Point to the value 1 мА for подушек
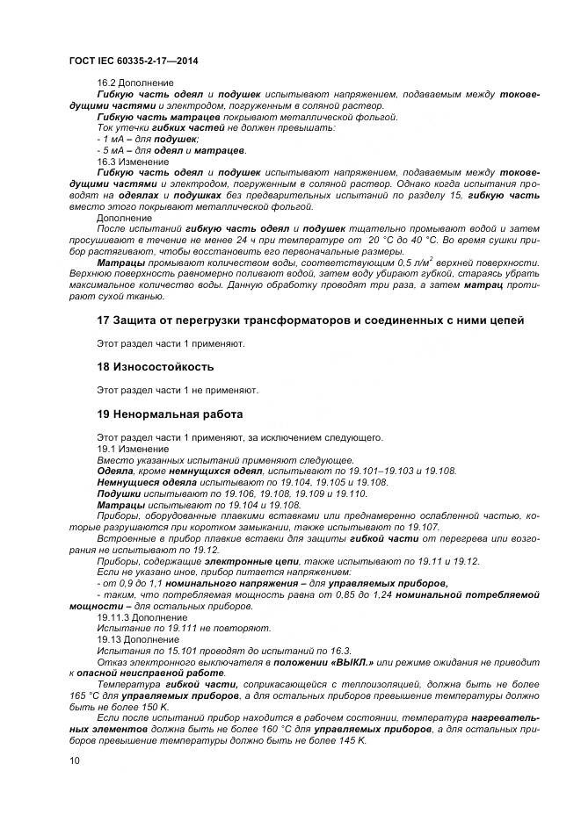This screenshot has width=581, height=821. (x=113, y=139)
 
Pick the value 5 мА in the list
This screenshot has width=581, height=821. (x=113, y=150)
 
